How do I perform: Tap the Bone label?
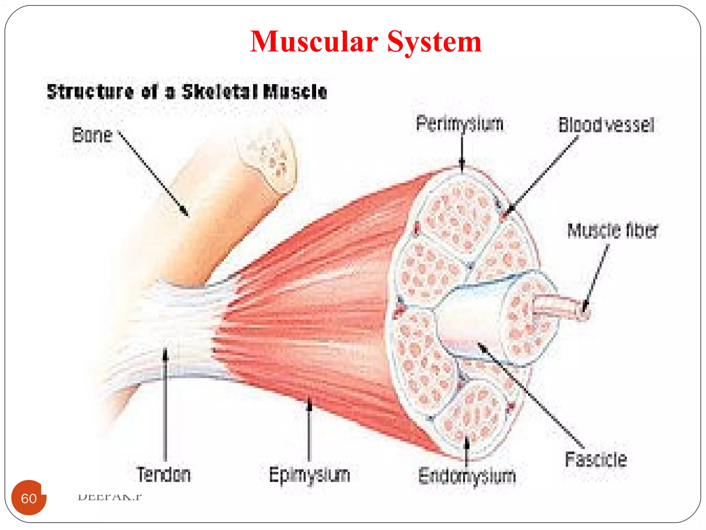click(92, 135)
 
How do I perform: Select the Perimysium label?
click(460, 124)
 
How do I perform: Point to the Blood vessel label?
click(606, 125)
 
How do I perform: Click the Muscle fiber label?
click(613, 230)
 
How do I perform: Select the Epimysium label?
click(309, 475)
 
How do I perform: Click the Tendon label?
click(163, 475)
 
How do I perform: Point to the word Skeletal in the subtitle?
click(220, 92)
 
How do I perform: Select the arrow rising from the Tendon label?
click(165, 404)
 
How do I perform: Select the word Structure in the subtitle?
click(90, 92)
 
